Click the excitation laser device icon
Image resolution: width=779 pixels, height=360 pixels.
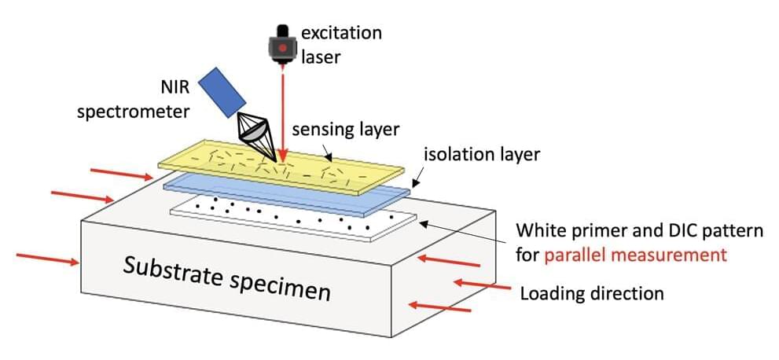click(x=280, y=45)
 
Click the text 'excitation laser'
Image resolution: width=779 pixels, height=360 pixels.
click(x=343, y=45)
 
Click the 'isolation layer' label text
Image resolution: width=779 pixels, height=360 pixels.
click(x=482, y=154)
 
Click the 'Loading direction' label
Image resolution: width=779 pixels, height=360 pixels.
click(x=592, y=294)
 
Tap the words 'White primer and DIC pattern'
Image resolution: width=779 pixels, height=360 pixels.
click(x=639, y=232)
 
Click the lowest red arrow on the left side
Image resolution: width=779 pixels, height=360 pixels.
click(x=47, y=259)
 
